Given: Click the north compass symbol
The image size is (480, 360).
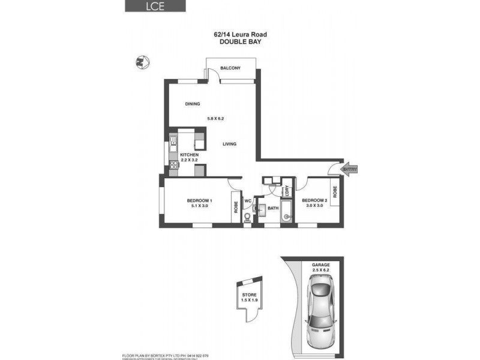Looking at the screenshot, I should point(141,61).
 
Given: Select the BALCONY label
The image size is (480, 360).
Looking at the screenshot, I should point(230,68).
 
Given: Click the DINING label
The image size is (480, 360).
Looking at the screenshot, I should point(192,104).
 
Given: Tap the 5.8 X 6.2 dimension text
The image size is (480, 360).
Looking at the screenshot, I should point(215,119).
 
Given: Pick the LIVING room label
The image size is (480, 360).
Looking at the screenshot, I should point(229,144).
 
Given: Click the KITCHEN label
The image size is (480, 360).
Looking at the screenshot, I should point(189,155).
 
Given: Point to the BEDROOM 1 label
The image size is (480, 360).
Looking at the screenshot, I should point(199,200).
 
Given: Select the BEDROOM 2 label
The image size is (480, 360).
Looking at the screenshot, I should point(314,200).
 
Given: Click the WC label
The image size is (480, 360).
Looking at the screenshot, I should point(247,200).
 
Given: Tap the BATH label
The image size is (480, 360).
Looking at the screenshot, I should point(273,208).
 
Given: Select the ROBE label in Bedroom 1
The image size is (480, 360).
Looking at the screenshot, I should point(236,208).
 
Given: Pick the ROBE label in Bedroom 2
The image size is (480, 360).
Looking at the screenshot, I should point(335,192).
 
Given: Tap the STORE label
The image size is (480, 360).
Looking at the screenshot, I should point(248,295).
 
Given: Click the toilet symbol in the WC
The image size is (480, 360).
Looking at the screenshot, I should point(247,218).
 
